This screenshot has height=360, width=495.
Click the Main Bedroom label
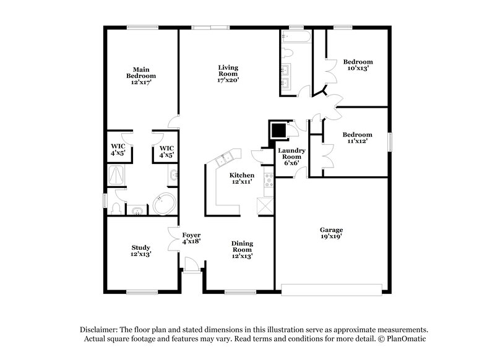click(141, 75)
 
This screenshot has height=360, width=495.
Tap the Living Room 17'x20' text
click(228, 74)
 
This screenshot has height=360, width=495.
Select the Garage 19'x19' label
click(332, 233)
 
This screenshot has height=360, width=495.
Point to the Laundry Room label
click(290, 157)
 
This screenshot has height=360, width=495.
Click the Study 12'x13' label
click(141, 250)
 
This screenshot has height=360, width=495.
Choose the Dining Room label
click(242, 249)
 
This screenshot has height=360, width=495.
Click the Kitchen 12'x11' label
click(242, 178)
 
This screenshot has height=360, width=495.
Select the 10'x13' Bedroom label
click(358, 65)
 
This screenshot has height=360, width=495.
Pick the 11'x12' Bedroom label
click(358, 138)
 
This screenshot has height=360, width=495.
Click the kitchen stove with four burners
click(269, 180)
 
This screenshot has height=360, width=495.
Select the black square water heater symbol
click(278, 130)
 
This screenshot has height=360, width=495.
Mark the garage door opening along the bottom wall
click(332, 288)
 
